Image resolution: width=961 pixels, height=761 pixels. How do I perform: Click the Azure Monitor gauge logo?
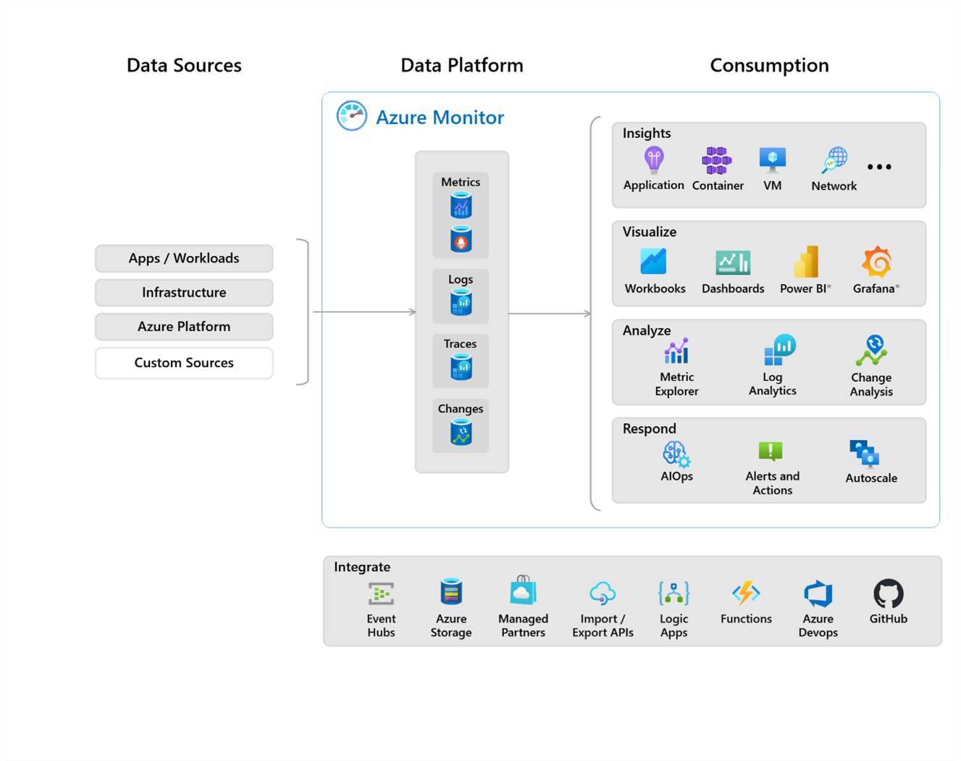pyautogui.click(x=352, y=116)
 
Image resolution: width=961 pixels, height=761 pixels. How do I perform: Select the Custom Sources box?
pyautogui.click(x=184, y=363)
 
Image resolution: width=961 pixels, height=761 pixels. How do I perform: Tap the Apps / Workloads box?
pyautogui.click(x=184, y=259)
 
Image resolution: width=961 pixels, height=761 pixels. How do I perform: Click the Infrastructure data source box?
pyautogui.click(x=184, y=293)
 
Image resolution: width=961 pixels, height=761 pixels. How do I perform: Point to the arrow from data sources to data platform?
pyautogui.click(x=364, y=312)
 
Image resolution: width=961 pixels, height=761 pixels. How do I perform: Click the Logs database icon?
pyautogui.click(x=461, y=302)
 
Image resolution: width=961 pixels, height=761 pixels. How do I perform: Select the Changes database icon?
pyautogui.click(x=461, y=433)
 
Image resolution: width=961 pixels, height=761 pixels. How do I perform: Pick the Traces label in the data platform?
pyautogui.click(x=461, y=344)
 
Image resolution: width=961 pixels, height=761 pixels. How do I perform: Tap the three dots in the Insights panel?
pyautogui.click(x=879, y=167)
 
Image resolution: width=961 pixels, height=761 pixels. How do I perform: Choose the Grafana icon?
pyautogui.click(x=876, y=262)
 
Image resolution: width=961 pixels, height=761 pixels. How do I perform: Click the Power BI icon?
pyautogui.click(x=806, y=262)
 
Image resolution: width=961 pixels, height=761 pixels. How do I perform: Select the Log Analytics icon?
pyautogui.click(x=779, y=350)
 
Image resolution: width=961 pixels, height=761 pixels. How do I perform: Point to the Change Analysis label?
pyautogui.click(x=871, y=385)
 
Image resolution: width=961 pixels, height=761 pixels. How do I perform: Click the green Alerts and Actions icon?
pyautogui.click(x=771, y=452)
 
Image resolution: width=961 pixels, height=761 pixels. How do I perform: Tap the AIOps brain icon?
pyautogui.click(x=676, y=454)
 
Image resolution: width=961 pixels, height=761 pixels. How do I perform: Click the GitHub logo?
pyautogui.click(x=889, y=594)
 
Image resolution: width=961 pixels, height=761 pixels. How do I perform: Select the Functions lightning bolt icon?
pyautogui.click(x=746, y=594)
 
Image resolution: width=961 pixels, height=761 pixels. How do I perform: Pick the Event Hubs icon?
pyautogui.click(x=381, y=594)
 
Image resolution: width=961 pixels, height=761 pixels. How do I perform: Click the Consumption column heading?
pyautogui.click(x=769, y=65)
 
